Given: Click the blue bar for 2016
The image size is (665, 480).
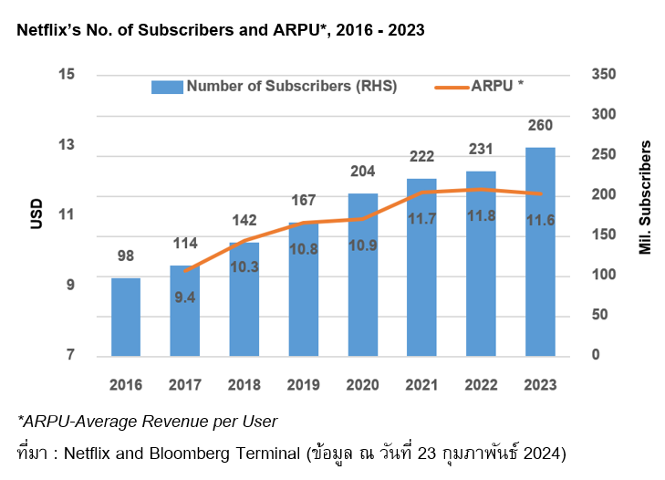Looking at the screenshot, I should click(126, 317).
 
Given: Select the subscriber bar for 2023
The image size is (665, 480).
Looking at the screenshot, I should click(540, 251).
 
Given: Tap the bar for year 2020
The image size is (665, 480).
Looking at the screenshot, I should click(362, 274).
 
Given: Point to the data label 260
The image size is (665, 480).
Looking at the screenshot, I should click(540, 126).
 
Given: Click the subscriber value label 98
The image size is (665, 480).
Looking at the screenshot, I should click(126, 256).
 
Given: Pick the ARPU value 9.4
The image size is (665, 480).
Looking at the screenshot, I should click(185, 297).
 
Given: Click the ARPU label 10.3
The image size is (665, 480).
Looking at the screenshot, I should click(244, 266).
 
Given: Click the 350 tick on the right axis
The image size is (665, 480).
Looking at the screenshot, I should click(605, 75).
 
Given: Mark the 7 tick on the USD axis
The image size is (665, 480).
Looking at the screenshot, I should click(68, 356).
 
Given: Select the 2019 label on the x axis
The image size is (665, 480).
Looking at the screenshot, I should click(303, 383).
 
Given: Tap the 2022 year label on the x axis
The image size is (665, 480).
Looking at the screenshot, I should click(481, 383).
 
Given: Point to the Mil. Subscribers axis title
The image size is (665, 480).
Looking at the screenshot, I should click(645, 197).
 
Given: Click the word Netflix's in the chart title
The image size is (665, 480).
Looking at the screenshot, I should click(50, 30).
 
